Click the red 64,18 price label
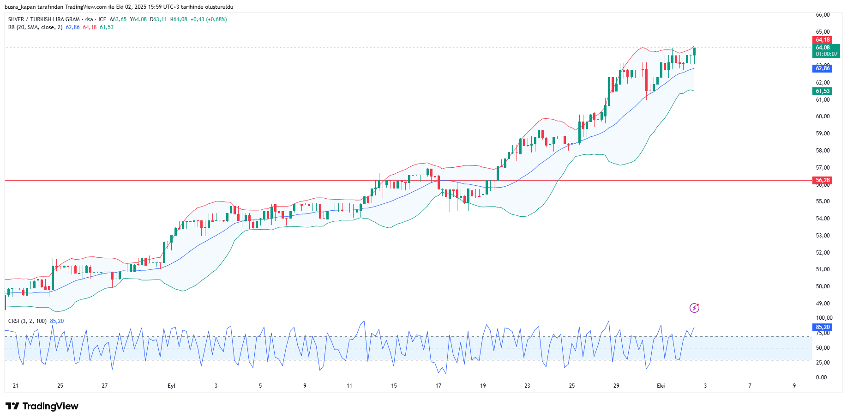pyautogui.click(x=822, y=40)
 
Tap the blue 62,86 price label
pyautogui.click(x=822, y=68)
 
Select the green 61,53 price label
pyautogui.click(x=822, y=91)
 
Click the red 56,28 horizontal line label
pyautogui.click(x=822, y=180)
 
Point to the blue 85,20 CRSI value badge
pyautogui.click(x=822, y=327)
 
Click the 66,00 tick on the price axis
pyautogui.click(x=823, y=15)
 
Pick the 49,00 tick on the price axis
pyautogui.click(x=823, y=304)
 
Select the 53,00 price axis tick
pyautogui.click(x=823, y=236)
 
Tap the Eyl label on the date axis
pyautogui.click(x=171, y=386)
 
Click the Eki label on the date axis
pyautogui.click(x=661, y=386)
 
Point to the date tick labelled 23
pyautogui.click(x=527, y=386)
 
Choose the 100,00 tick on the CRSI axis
pyautogui.click(x=824, y=318)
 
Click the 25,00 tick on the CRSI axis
pyautogui.click(x=823, y=363)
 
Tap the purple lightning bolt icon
pyautogui.click(x=694, y=308)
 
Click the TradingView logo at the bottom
pyautogui.click(x=42, y=406)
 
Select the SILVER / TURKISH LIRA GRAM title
pyautogui.click(x=44, y=19)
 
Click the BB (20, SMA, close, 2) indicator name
pyautogui.click(x=35, y=27)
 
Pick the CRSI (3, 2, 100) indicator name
pyautogui.click(x=27, y=321)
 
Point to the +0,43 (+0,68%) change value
pyautogui.click(x=208, y=19)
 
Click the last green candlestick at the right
pyautogui.click(x=694, y=51)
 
